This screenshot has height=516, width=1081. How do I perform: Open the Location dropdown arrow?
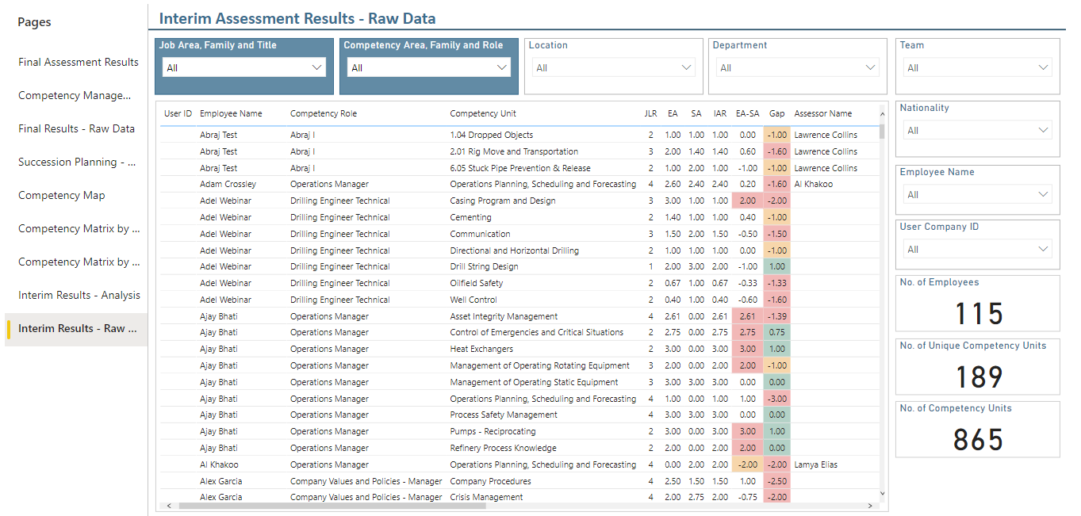(x=686, y=67)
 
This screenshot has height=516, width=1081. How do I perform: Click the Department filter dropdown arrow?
(x=870, y=67)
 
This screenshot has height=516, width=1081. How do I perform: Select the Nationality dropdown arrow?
(x=1043, y=130)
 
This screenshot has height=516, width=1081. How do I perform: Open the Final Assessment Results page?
(x=79, y=62)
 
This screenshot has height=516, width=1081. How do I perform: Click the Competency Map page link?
(x=61, y=195)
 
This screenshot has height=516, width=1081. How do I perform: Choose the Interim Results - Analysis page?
(x=79, y=295)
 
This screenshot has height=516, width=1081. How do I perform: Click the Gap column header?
(x=776, y=114)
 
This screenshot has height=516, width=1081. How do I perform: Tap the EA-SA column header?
(x=748, y=114)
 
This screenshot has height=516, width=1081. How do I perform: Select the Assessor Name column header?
(x=822, y=114)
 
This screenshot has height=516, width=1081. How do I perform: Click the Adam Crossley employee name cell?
(x=228, y=184)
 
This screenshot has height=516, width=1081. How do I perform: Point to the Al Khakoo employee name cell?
(x=219, y=465)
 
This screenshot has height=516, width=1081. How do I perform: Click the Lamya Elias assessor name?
(x=815, y=465)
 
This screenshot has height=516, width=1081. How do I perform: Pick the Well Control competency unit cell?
(x=473, y=300)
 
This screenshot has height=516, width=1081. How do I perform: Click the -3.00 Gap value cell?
(x=777, y=399)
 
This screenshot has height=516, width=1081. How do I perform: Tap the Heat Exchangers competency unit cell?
(x=481, y=349)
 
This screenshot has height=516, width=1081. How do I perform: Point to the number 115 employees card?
(x=979, y=313)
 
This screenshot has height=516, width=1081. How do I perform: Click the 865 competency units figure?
(x=978, y=440)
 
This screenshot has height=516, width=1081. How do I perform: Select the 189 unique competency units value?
(x=979, y=377)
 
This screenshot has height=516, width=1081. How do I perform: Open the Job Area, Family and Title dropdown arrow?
(x=316, y=67)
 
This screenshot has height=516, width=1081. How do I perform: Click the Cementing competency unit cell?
(x=470, y=217)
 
